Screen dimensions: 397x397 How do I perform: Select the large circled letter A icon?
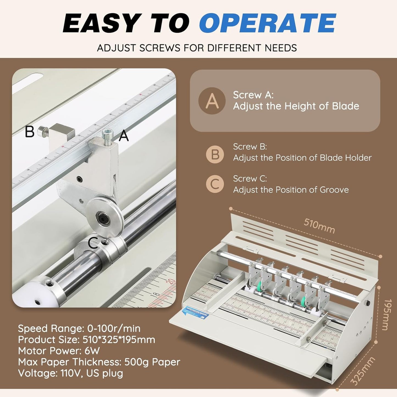(212, 101)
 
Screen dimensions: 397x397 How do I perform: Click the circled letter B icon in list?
(215, 154)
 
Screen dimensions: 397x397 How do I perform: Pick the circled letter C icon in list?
(215, 184)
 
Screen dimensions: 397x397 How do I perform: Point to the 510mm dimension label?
(319, 226)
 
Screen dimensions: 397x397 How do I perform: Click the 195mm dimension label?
(387, 315)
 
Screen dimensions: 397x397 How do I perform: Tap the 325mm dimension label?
(363, 371)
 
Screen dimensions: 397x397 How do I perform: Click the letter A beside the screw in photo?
(124, 136)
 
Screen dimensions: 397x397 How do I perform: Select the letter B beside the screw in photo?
(30, 132)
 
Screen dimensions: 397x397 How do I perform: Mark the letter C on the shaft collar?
(93, 243)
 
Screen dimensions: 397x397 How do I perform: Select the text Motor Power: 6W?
(59, 351)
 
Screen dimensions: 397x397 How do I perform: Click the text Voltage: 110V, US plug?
(70, 373)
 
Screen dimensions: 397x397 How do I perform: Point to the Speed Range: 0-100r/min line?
(79, 329)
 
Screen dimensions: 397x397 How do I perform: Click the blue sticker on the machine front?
(195, 312)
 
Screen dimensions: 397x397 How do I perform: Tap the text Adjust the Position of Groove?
(291, 190)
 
